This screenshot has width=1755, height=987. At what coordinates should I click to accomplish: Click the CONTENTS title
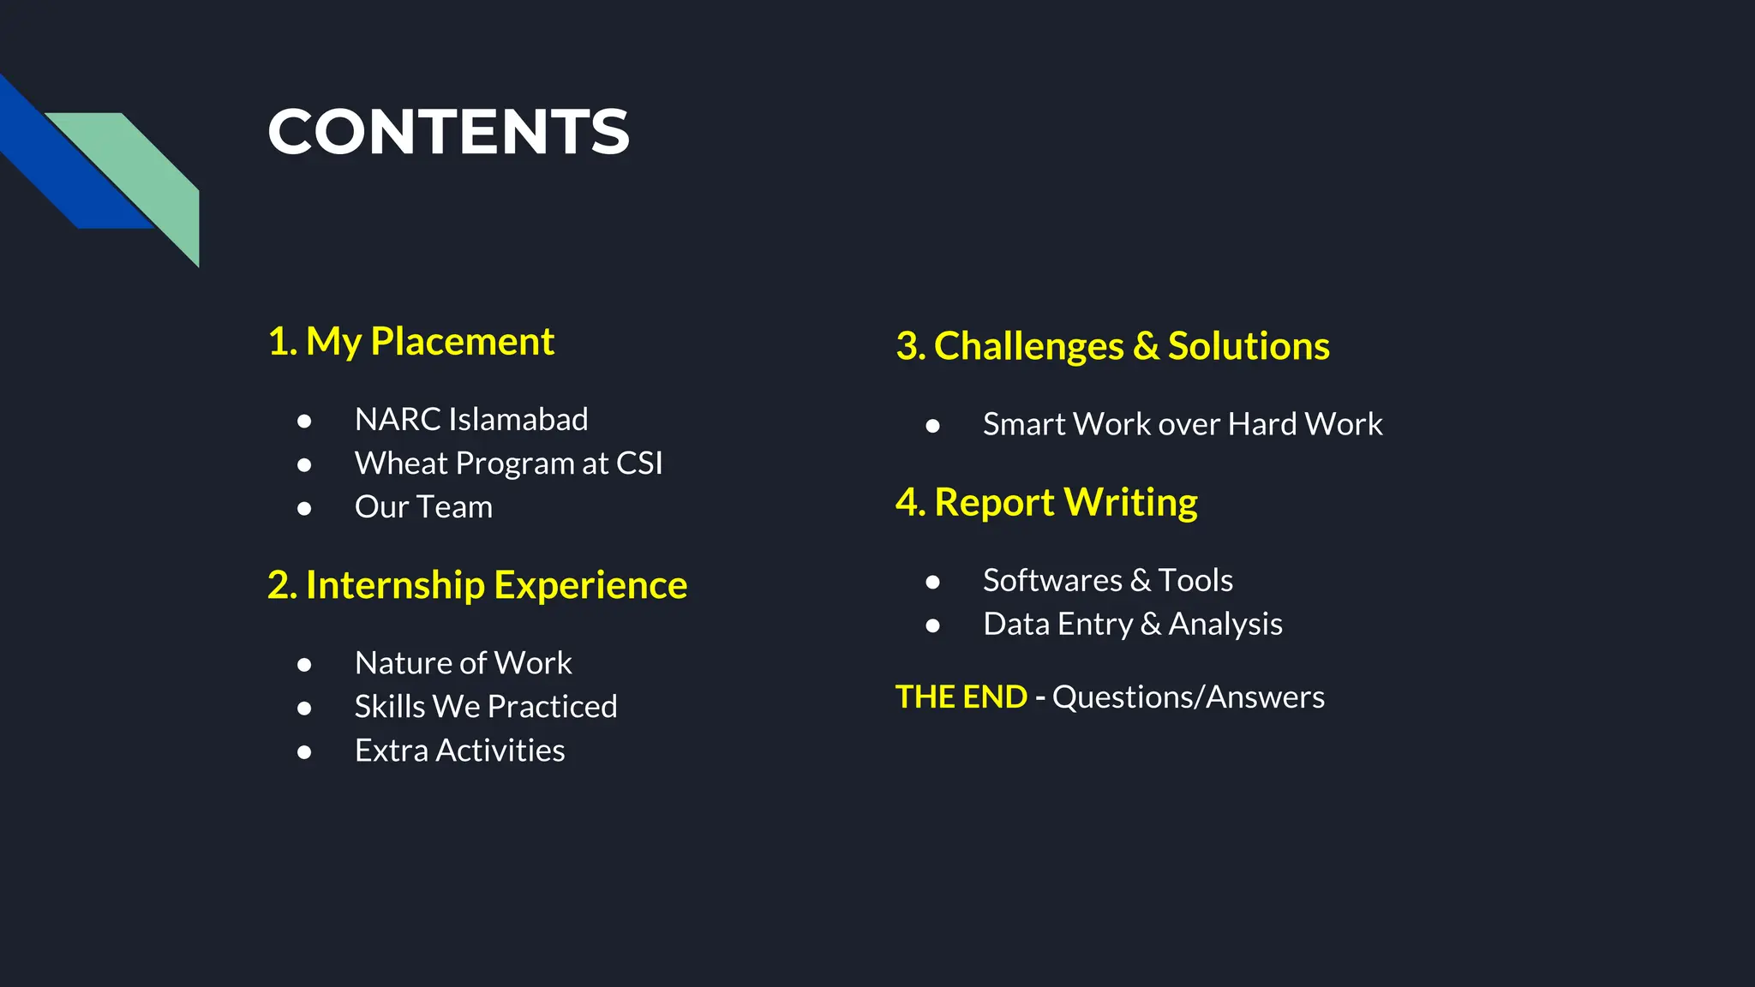tap(448, 132)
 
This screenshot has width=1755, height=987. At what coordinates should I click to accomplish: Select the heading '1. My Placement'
tap(411, 341)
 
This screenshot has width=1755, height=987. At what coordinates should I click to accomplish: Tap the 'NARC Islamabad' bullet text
tap(471, 420)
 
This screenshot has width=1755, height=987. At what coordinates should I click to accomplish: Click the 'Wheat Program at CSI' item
tap(508, 464)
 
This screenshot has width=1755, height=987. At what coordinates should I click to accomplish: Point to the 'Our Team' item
tap(423, 507)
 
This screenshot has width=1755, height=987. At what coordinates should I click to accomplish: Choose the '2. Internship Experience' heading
tap(477, 585)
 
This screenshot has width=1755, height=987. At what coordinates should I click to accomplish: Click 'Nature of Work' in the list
tap(463, 663)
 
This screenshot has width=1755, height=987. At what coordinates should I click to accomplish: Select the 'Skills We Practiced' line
tap(486, 707)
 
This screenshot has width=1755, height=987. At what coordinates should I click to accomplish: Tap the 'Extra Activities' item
tap(459, 751)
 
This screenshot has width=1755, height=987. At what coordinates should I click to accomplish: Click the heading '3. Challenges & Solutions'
tap(1112, 346)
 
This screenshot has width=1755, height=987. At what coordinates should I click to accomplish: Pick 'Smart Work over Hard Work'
tap(1183, 424)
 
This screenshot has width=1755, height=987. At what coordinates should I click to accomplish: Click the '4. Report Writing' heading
tap(1046, 502)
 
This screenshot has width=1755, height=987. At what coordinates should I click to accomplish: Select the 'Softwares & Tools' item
tap(1107, 581)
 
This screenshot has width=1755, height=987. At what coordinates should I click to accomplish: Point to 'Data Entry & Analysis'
tap(1132, 625)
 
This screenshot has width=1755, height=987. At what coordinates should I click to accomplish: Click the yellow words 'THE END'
tap(961, 697)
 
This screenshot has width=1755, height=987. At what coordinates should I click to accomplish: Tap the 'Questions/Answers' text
tap(1188, 697)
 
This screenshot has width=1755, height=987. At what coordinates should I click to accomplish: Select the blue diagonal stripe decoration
tap(60, 163)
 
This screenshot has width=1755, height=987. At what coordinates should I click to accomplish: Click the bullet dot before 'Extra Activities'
tap(304, 752)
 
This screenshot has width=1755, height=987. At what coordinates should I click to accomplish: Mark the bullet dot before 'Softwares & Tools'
tap(932, 583)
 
